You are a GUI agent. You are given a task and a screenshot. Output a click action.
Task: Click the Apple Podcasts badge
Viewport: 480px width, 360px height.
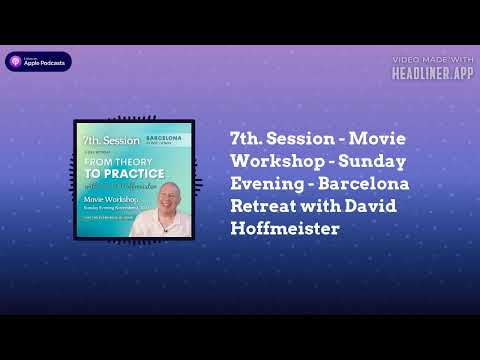pos(39,62)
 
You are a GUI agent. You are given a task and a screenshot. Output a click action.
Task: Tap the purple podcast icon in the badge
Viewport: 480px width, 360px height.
pos(16,62)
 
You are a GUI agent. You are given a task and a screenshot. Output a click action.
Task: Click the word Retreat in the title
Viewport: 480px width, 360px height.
pos(262,207)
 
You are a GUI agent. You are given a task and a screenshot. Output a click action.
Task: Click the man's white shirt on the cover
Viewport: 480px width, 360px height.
pos(165,226)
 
